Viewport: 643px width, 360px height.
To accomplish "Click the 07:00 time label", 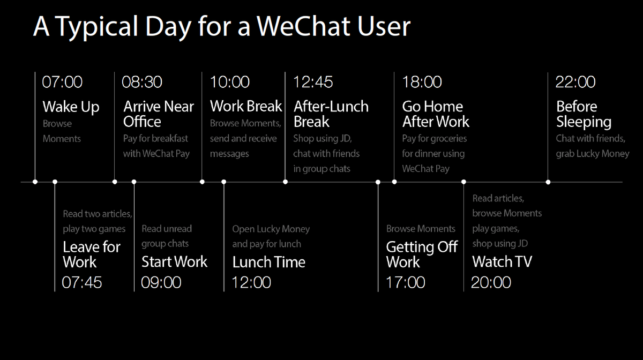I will pyautogui.click(x=62, y=82).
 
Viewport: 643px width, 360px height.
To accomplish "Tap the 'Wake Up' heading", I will pyautogui.click(x=71, y=107).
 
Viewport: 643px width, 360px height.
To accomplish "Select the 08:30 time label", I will pyautogui.click(x=142, y=82).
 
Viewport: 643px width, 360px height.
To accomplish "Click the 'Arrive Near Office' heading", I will pyautogui.click(x=158, y=114).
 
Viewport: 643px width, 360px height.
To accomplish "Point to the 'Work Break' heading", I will pyautogui.click(x=246, y=106).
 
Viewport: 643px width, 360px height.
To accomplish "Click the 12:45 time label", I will pyautogui.click(x=313, y=82).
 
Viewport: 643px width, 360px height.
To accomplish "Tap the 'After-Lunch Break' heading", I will pyautogui.click(x=331, y=114).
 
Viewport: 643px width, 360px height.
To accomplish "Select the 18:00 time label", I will pyautogui.click(x=422, y=82).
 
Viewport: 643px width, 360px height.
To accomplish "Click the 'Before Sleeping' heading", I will pyautogui.click(x=584, y=114).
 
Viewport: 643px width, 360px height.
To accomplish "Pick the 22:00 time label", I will pyautogui.click(x=575, y=82).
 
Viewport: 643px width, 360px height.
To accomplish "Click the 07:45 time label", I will pyautogui.click(x=82, y=282).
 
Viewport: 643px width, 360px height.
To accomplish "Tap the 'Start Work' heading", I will pyautogui.click(x=174, y=262).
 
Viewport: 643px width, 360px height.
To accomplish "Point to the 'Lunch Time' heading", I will pyautogui.click(x=268, y=262).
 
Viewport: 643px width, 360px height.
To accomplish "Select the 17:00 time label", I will pyautogui.click(x=406, y=282).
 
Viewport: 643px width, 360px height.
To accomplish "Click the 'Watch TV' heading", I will pyautogui.click(x=502, y=262).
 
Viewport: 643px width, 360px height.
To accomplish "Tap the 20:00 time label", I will pyautogui.click(x=491, y=282).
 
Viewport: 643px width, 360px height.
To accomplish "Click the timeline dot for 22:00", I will pyautogui.click(x=548, y=182).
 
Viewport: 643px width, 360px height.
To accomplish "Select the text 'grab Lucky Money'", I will pyautogui.click(x=593, y=154).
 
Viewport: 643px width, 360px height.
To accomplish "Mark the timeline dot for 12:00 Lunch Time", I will pyautogui.click(x=224, y=182).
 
